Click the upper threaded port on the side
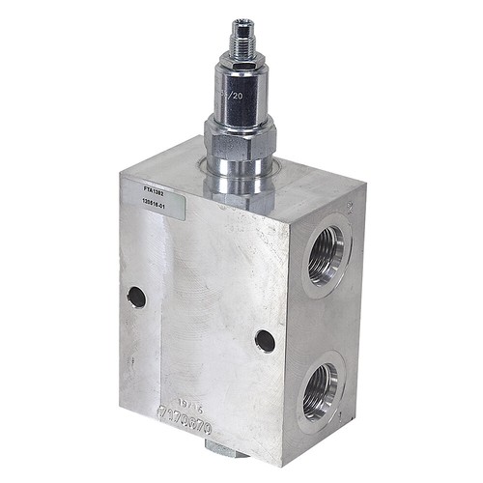tap(325, 252)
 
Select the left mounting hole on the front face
tap(136, 297)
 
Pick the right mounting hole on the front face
tap(265, 340)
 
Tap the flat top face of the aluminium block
tap(290, 179)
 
